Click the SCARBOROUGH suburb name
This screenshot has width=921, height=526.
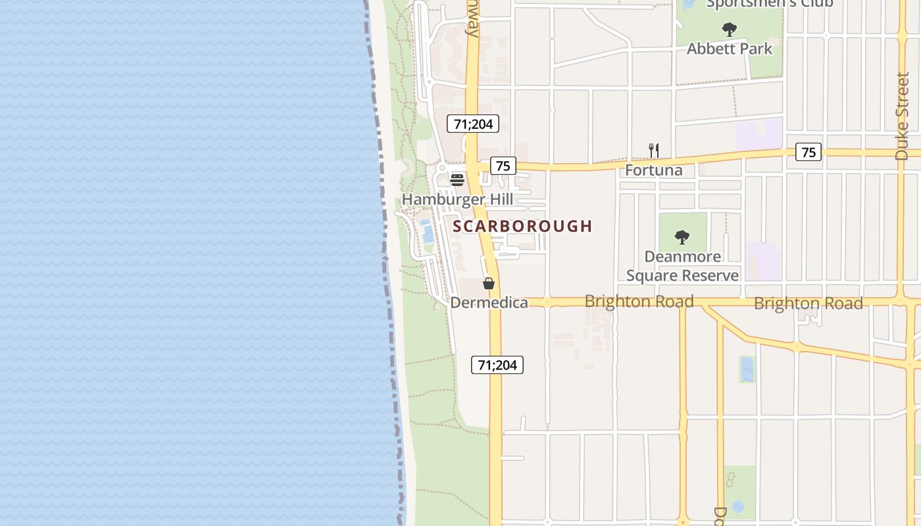pyautogui.click(x=522, y=226)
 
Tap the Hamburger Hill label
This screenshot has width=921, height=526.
pyautogui.click(x=457, y=199)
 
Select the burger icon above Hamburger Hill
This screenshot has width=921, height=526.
pyautogui.click(x=457, y=179)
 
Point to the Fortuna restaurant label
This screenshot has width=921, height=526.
pyautogui.click(x=653, y=170)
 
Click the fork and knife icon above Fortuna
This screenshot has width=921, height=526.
pyautogui.click(x=653, y=151)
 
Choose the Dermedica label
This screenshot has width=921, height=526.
pyautogui.click(x=489, y=302)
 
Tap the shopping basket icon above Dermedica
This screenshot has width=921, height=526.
pyautogui.click(x=489, y=283)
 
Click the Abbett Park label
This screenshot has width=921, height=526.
pyautogui.click(x=730, y=49)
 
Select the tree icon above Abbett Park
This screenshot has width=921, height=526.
pyautogui.click(x=729, y=30)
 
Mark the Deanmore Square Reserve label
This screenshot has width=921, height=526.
pyautogui.click(x=682, y=266)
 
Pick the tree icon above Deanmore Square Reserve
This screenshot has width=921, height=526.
pyautogui.click(x=682, y=237)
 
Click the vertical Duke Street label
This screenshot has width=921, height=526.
pyautogui.click(x=902, y=116)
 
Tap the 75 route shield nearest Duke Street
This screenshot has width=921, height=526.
pyautogui.click(x=809, y=152)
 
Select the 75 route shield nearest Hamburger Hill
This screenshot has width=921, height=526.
pyautogui.click(x=503, y=166)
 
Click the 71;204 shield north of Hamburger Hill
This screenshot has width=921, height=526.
pyautogui.click(x=473, y=124)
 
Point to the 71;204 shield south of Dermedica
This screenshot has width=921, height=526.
pyautogui.click(x=497, y=365)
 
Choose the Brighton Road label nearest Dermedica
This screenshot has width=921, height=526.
pyautogui.click(x=639, y=302)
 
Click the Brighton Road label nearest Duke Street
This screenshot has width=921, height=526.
pyautogui.click(x=808, y=304)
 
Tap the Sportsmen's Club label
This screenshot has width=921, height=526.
pyautogui.click(x=770, y=4)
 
